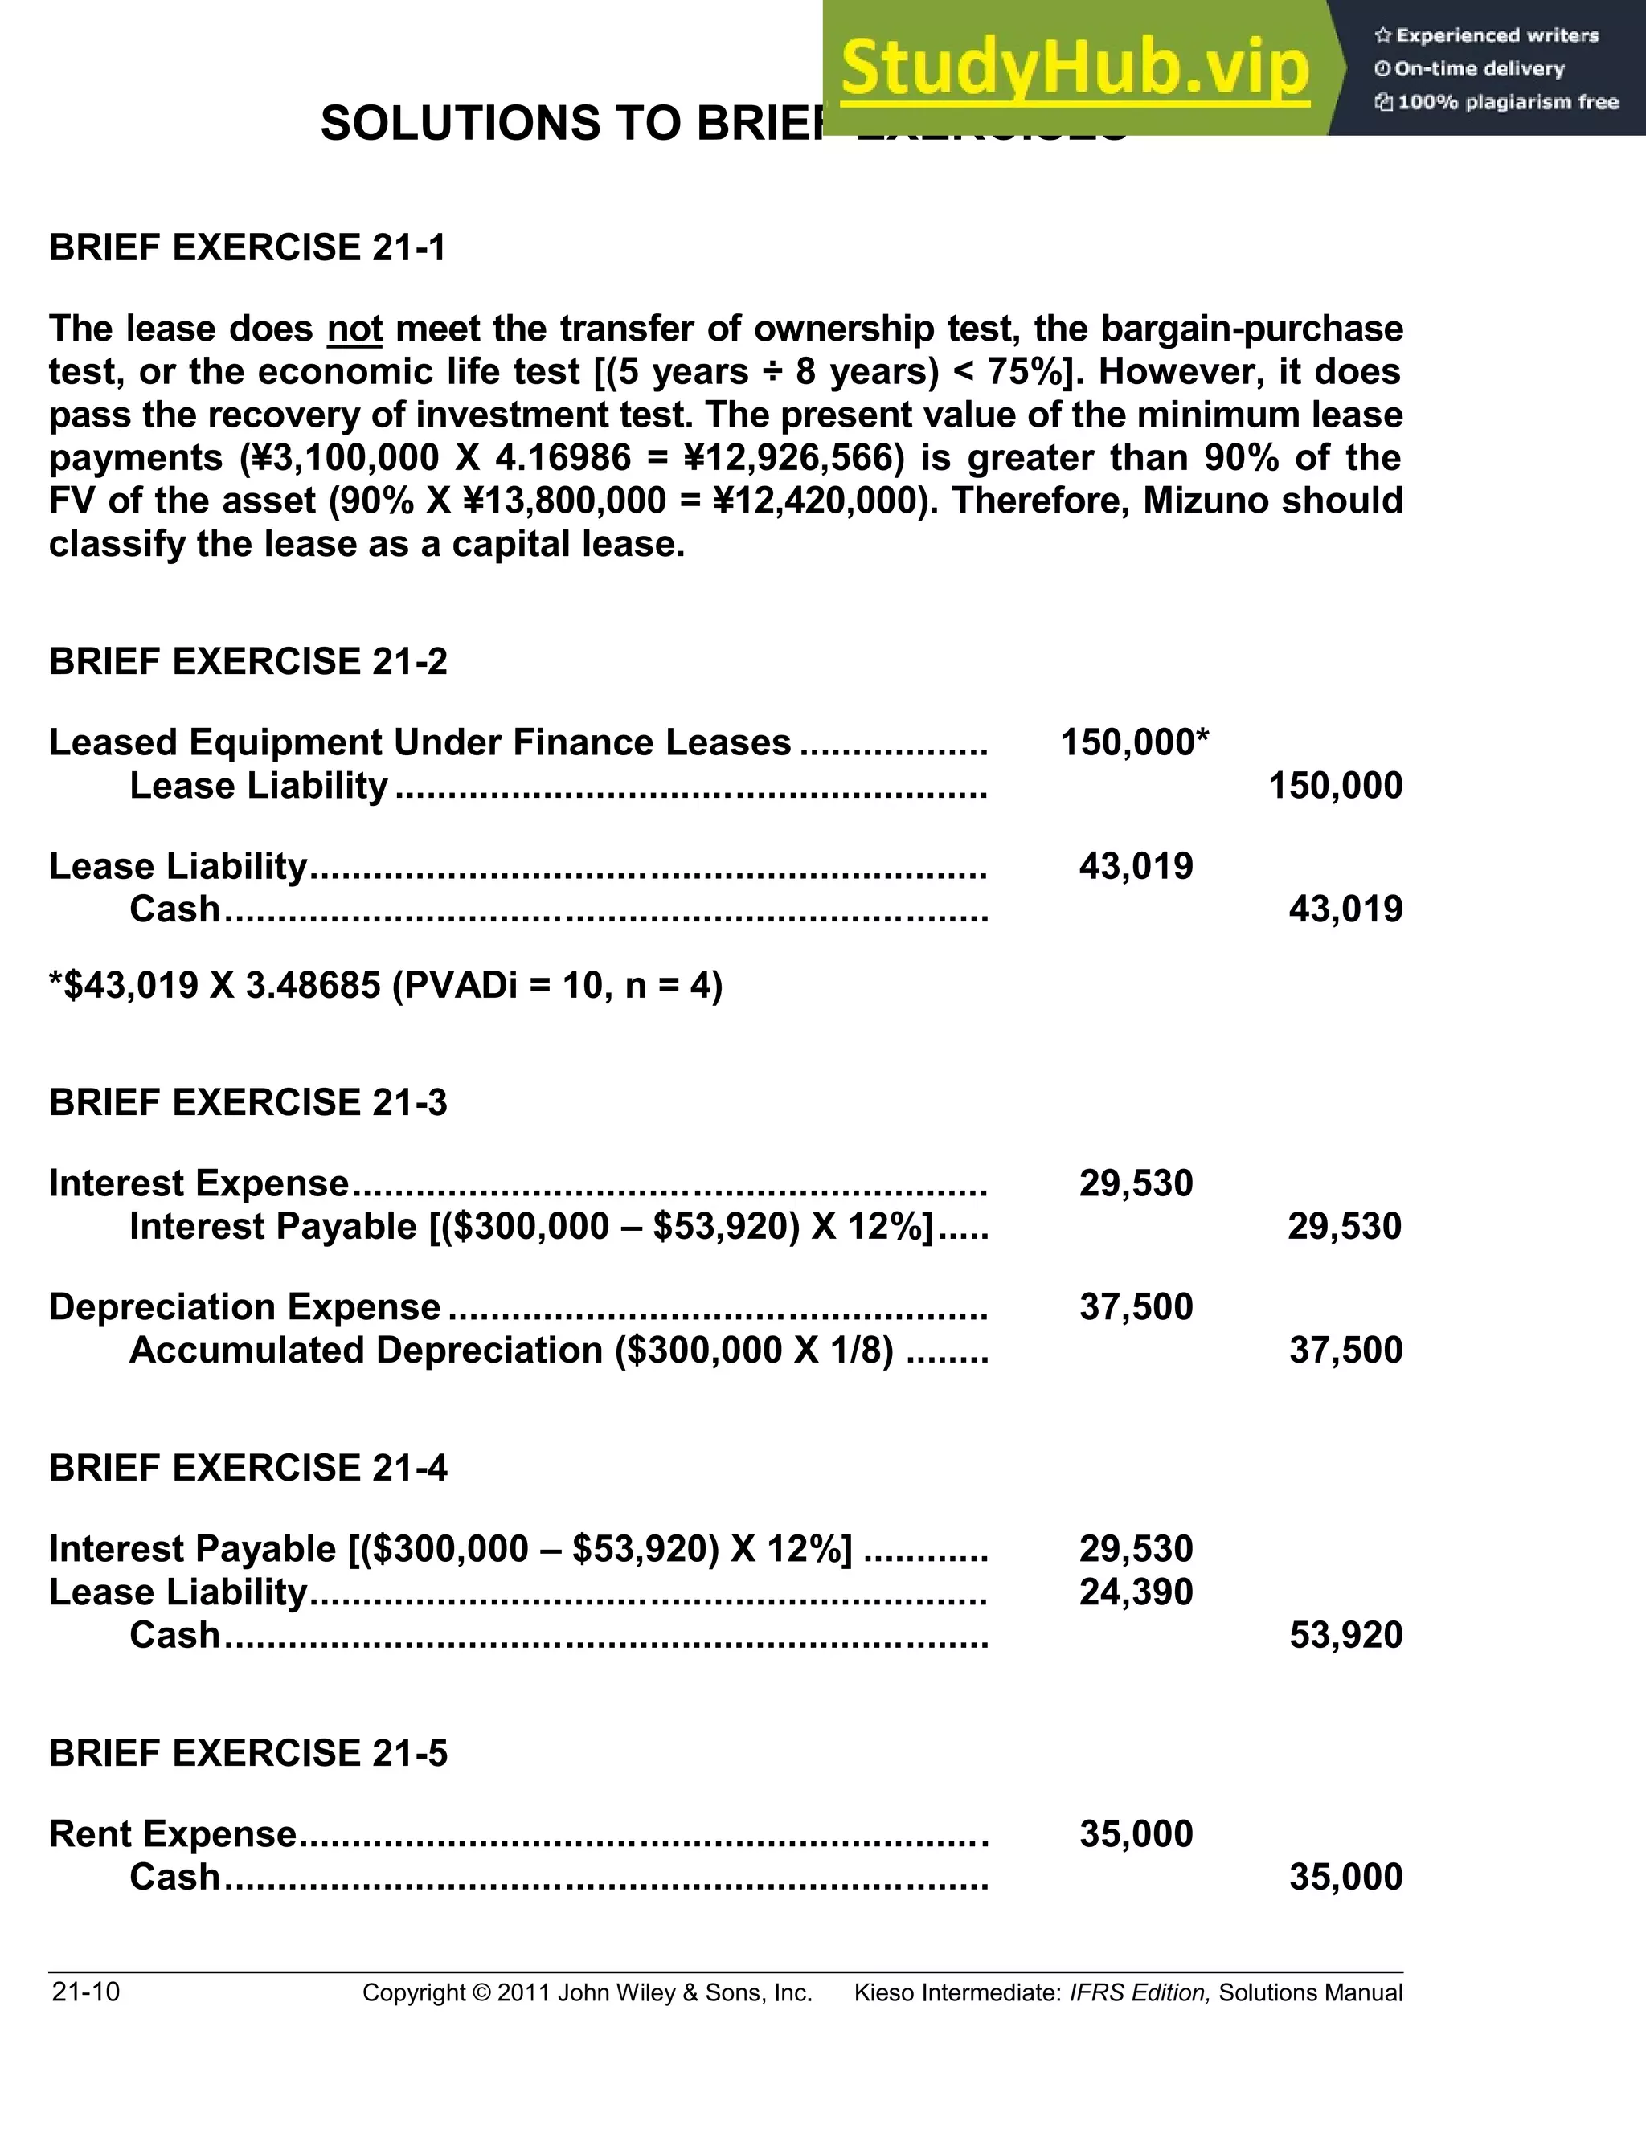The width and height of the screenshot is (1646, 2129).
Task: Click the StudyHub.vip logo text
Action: pyautogui.click(x=1074, y=69)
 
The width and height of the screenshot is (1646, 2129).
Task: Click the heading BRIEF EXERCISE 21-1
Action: pyautogui.click(x=248, y=247)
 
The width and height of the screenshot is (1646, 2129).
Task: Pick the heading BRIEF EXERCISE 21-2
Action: pyautogui.click(x=248, y=662)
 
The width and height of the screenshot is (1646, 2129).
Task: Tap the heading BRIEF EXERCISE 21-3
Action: pyautogui.click(x=248, y=1102)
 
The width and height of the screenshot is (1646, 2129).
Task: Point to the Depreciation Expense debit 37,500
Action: pyautogui.click(x=1136, y=1307)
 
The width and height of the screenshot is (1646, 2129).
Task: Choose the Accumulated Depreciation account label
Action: pyautogui.click(x=366, y=1351)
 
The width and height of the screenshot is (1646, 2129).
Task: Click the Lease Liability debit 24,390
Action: pyautogui.click(x=1136, y=1592)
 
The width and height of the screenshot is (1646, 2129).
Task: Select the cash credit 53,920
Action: pyautogui.click(x=1345, y=1635)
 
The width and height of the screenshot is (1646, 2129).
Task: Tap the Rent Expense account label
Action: pyautogui.click(x=173, y=1833)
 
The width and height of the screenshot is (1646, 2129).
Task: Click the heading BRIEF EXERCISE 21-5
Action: pyautogui.click(x=248, y=1753)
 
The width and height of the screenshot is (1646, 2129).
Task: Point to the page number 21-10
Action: pyautogui.click(x=86, y=1992)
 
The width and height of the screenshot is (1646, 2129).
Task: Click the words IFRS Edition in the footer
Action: pyautogui.click(x=1139, y=1992)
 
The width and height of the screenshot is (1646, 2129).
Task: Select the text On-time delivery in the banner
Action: pyautogui.click(x=1478, y=69)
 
